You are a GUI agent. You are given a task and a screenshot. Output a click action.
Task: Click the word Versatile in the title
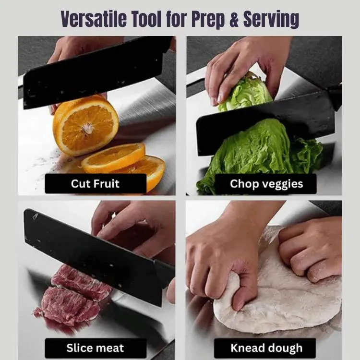click(94, 19)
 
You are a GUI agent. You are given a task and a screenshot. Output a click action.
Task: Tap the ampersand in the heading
click(234, 19)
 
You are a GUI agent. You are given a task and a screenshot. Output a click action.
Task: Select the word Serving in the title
click(271, 20)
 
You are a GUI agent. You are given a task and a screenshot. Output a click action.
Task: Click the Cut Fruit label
click(96, 184)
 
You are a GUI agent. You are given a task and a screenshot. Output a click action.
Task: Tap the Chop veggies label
click(266, 184)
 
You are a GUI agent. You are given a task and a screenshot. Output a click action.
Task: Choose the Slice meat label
click(96, 348)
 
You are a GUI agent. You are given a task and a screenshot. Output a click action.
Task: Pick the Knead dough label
click(266, 348)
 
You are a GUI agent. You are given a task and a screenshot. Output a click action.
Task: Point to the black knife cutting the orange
click(96, 73)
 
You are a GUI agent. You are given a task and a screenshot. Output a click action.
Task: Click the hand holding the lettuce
click(243, 67)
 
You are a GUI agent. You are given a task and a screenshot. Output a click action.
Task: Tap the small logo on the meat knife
click(35, 216)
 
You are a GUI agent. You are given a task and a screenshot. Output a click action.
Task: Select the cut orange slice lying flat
click(114, 157)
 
